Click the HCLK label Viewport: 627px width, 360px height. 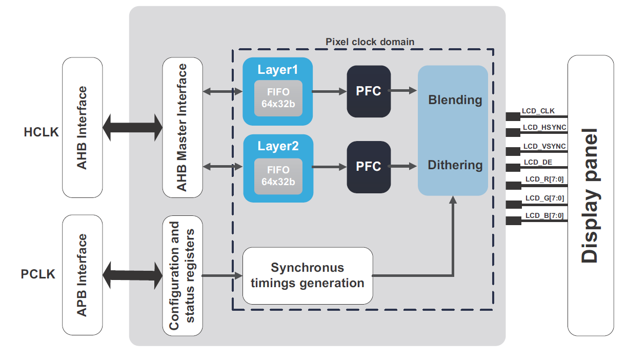[41, 132]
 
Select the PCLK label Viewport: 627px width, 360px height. [38, 274]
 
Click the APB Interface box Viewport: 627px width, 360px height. [82, 275]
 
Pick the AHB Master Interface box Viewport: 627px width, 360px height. [182, 128]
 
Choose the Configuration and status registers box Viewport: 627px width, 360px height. [182, 275]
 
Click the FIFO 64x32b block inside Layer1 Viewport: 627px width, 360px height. [278, 98]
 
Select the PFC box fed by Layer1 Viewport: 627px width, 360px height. [369, 91]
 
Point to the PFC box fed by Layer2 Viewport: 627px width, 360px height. [369, 167]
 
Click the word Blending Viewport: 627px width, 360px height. [455, 99]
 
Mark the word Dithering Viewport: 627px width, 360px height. [455, 165]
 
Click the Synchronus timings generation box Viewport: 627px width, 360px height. [308, 275]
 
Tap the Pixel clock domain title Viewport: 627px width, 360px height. [370, 41]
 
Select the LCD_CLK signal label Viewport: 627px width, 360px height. [538, 111]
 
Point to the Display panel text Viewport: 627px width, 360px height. [590, 195]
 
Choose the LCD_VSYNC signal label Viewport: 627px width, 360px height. [544, 146]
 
